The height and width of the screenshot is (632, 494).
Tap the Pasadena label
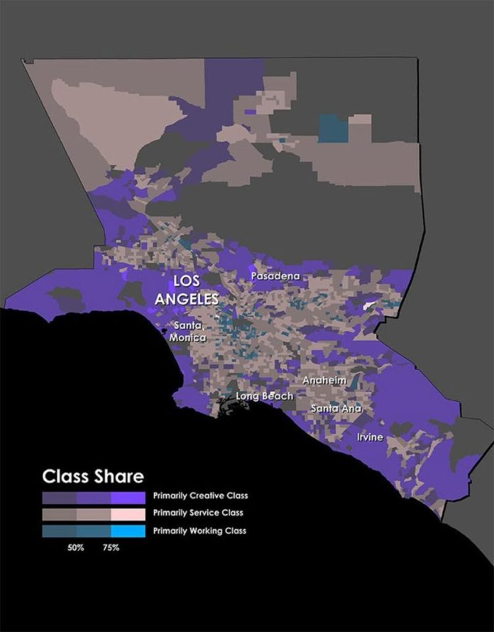(x=276, y=275)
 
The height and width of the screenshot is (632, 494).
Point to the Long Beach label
(x=264, y=396)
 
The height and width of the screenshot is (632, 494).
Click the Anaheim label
(x=324, y=381)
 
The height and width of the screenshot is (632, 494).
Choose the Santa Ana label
(x=336, y=408)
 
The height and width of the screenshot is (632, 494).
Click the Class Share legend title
(x=93, y=475)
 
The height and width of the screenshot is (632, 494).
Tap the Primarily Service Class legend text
(x=197, y=513)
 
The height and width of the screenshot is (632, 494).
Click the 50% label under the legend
(x=76, y=548)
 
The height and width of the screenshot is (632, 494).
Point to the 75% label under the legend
(x=111, y=548)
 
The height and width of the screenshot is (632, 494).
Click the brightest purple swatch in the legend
(x=128, y=496)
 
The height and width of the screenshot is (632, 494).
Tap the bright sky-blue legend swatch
(x=128, y=530)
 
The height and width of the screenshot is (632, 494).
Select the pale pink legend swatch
(x=128, y=513)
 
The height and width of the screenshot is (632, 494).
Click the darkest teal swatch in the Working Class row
(x=59, y=530)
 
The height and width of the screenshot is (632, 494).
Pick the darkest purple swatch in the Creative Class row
(x=59, y=496)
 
